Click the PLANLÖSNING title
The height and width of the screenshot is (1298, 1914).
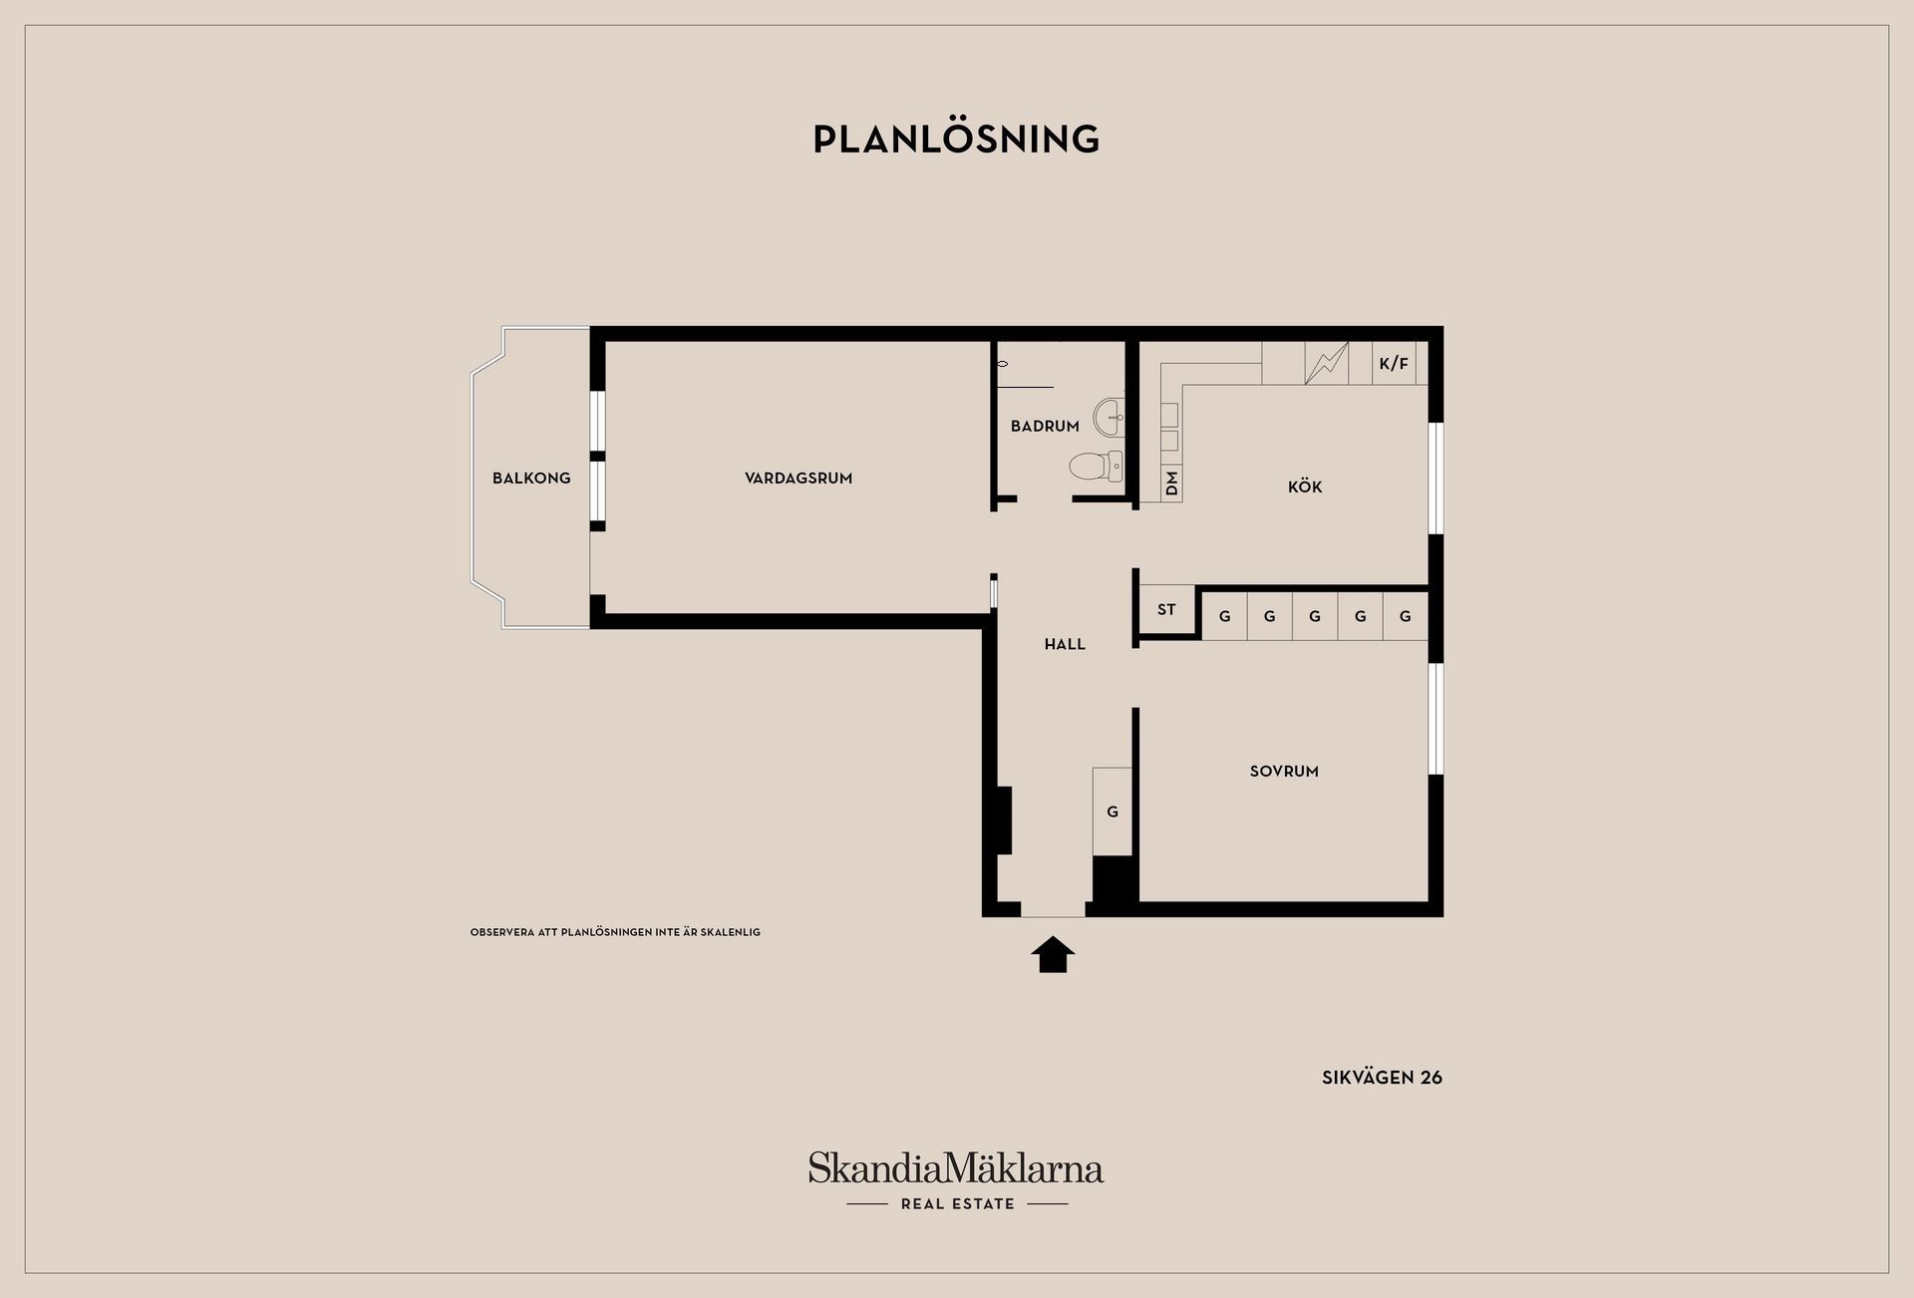pyautogui.click(x=956, y=139)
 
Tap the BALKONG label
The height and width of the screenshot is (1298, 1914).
pyautogui.click(x=531, y=479)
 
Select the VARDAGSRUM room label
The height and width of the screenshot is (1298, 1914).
pyautogui.click(x=798, y=479)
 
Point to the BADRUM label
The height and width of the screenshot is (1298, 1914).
pyautogui.click(x=1045, y=427)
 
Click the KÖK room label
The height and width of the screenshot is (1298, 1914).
pyautogui.click(x=1305, y=487)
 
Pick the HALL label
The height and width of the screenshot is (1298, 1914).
pyautogui.click(x=1065, y=645)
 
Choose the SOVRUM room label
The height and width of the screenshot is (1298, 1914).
pyautogui.click(x=1284, y=772)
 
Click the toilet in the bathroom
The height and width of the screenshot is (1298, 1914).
pyautogui.click(x=1097, y=466)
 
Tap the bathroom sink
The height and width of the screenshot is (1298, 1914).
pyautogui.click(x=1110, y=418)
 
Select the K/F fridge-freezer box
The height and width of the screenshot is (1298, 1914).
pyautogui.click(x=1394, y=364)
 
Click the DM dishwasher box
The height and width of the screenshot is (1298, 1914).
pyautogui.click(x=1171, y=484)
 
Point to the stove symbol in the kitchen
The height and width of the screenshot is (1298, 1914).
pyautogui.click(x=1327, y=363)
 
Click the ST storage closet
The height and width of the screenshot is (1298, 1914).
pyautogui.click(x=1166, y=609)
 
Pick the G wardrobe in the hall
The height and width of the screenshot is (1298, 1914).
pyautogui.click(x=1113, y=811)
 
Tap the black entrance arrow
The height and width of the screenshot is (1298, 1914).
pyautogui.click(x=1053, y=954)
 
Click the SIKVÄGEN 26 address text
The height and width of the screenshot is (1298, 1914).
pyautogui.click(x=1382, y=1078)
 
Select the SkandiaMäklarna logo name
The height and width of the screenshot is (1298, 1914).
pyautogui.click(x=956, y=1167)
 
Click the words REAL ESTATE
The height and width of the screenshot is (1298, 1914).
pyautogui.click(x=957, y=1204)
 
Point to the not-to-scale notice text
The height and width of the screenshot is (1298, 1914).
pyautogui.click(x=615, y=932)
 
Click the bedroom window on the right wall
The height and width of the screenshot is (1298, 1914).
pyautogui.click(x=1436, y=719)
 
